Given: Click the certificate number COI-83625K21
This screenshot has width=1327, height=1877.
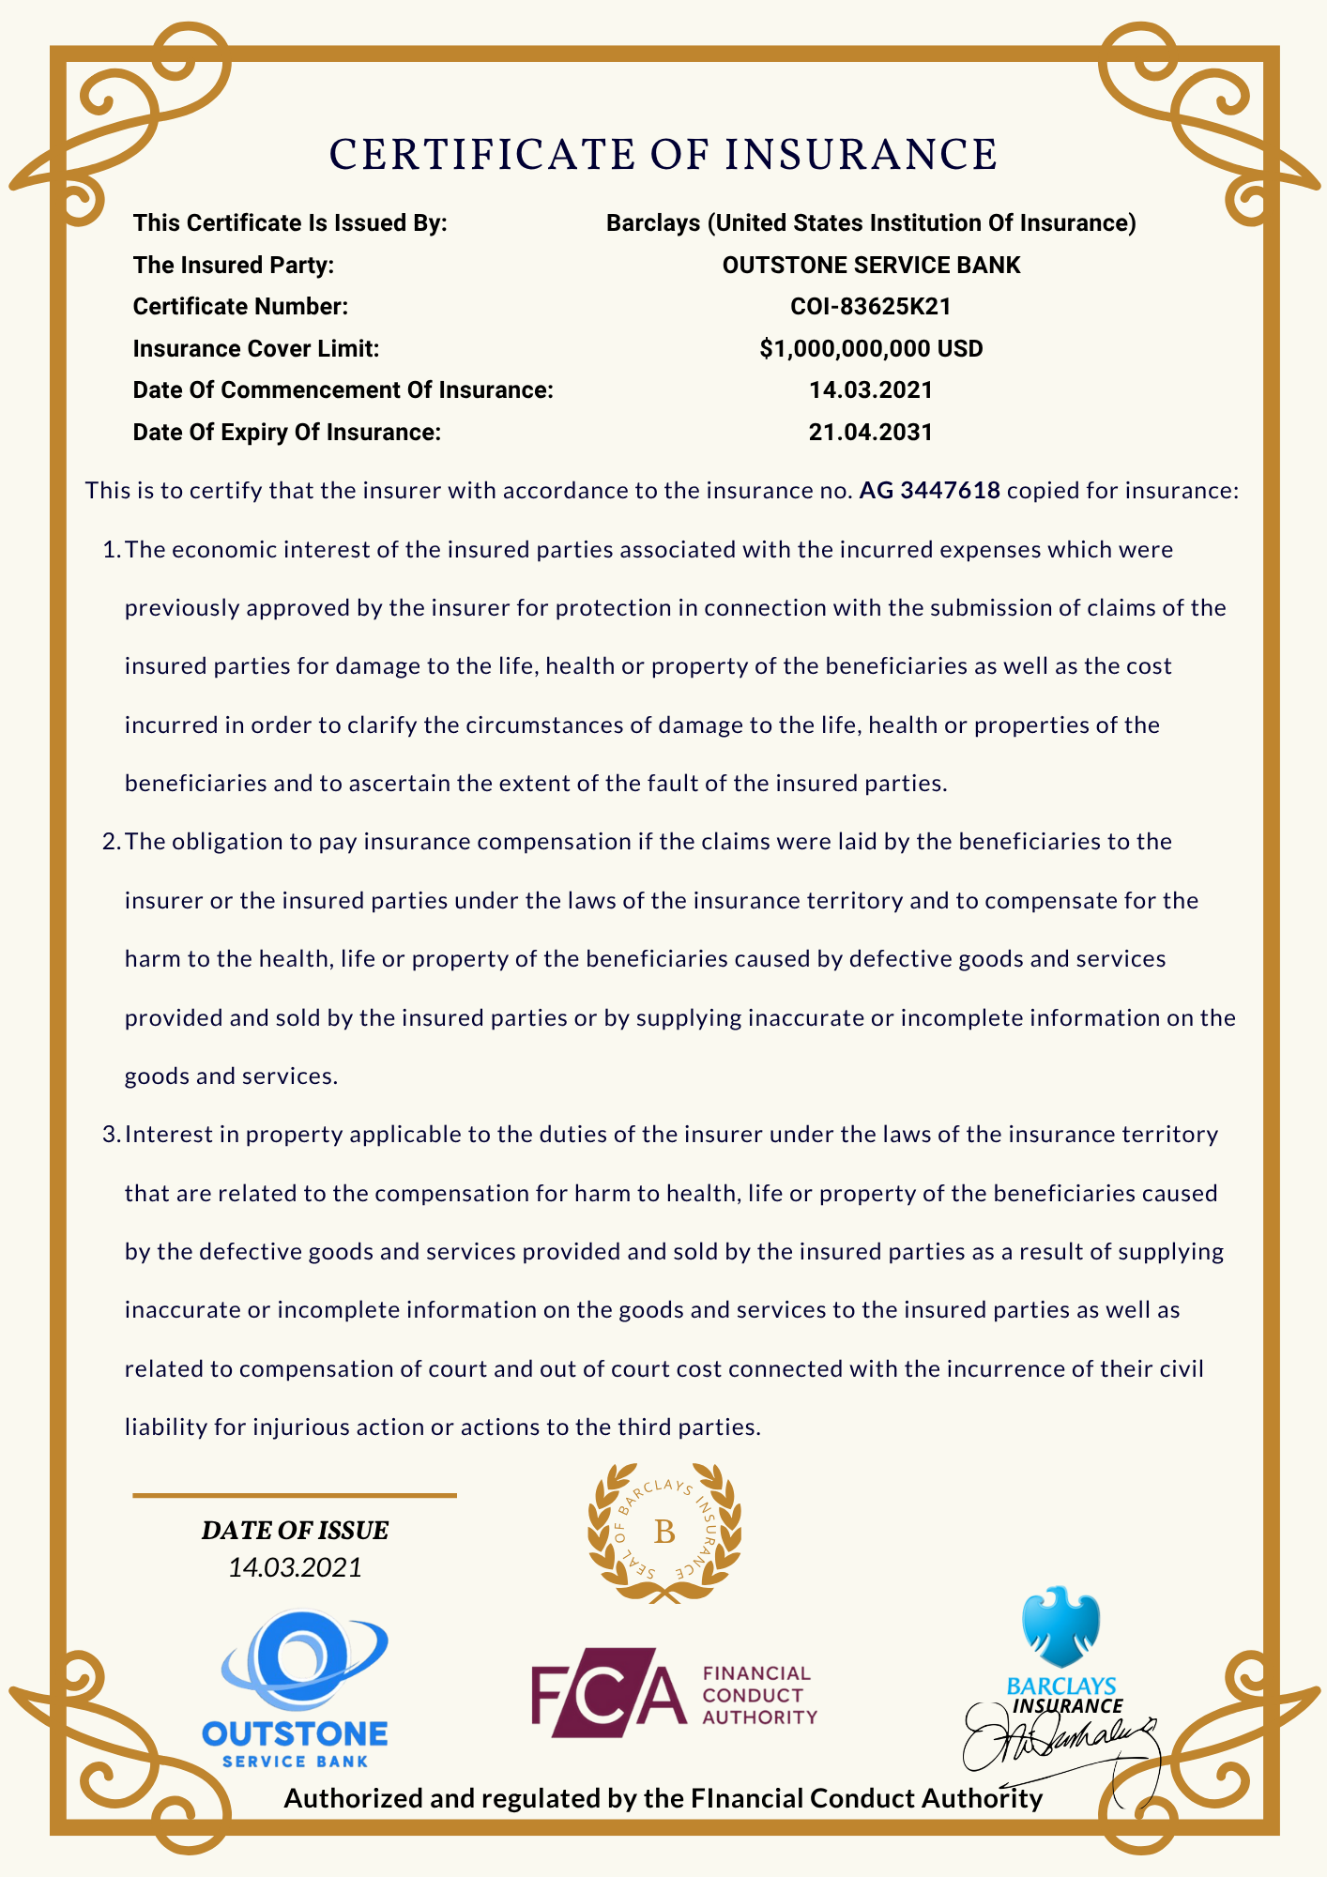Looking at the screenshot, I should click(x=871, y=307).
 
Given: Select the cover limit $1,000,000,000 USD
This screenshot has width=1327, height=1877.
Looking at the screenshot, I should click(x=871, y=349).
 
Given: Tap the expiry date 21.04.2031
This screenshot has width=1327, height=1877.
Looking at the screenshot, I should click(x=871, y=433).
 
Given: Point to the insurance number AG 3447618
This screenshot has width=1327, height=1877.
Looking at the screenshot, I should click(x=929, y=491).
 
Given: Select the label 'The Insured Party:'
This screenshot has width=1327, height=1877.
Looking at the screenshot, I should click(x=234, y=266).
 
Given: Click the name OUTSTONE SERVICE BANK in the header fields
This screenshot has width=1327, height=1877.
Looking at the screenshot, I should click(x=871, y=266).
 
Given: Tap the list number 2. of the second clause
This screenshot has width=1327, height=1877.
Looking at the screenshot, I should click(x=111, y=842).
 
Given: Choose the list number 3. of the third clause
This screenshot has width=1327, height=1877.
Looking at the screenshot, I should click(x=111, y=1135).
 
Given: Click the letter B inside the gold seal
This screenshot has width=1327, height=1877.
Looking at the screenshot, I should click(x=664, y=1533).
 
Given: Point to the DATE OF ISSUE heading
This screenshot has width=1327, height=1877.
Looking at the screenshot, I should click(x=295, y=1531).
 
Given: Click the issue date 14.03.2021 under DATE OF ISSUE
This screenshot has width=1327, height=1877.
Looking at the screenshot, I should click(x=295, y=1567).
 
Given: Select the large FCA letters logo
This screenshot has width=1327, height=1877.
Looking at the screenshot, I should click(x=608, y=1691).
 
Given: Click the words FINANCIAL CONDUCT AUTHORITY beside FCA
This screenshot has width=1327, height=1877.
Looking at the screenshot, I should click(x=758, y=1695).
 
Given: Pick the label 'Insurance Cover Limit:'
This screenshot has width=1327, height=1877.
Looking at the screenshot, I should click(x=256, y=349).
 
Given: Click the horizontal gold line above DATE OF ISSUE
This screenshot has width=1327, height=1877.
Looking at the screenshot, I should click(x=295, y=1495).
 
